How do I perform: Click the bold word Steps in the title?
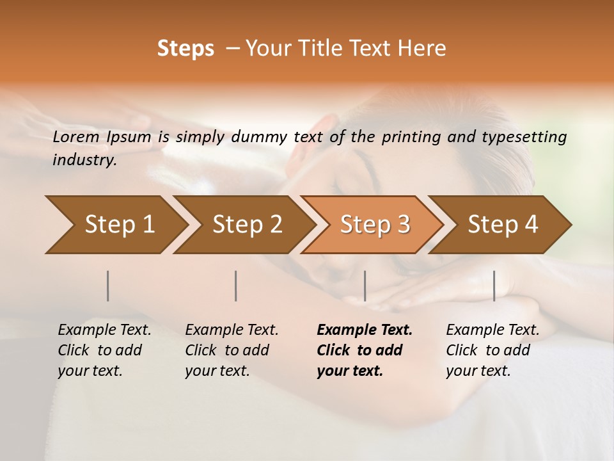[185, 49]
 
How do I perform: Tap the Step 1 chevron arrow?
[115, 224]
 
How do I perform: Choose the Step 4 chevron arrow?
[501, 224]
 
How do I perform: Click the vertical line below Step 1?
[108, 286]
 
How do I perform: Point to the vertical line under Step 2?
[236, 286]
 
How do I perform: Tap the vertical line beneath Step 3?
[365, 286]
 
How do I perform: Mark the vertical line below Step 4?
[494, 286]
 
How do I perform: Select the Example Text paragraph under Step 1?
[104, 350]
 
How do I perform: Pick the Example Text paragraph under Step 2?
[232, 350]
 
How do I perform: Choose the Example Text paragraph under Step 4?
[492, 350]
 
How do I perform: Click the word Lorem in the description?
[75, 136]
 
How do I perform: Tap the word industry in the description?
[84, 159]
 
